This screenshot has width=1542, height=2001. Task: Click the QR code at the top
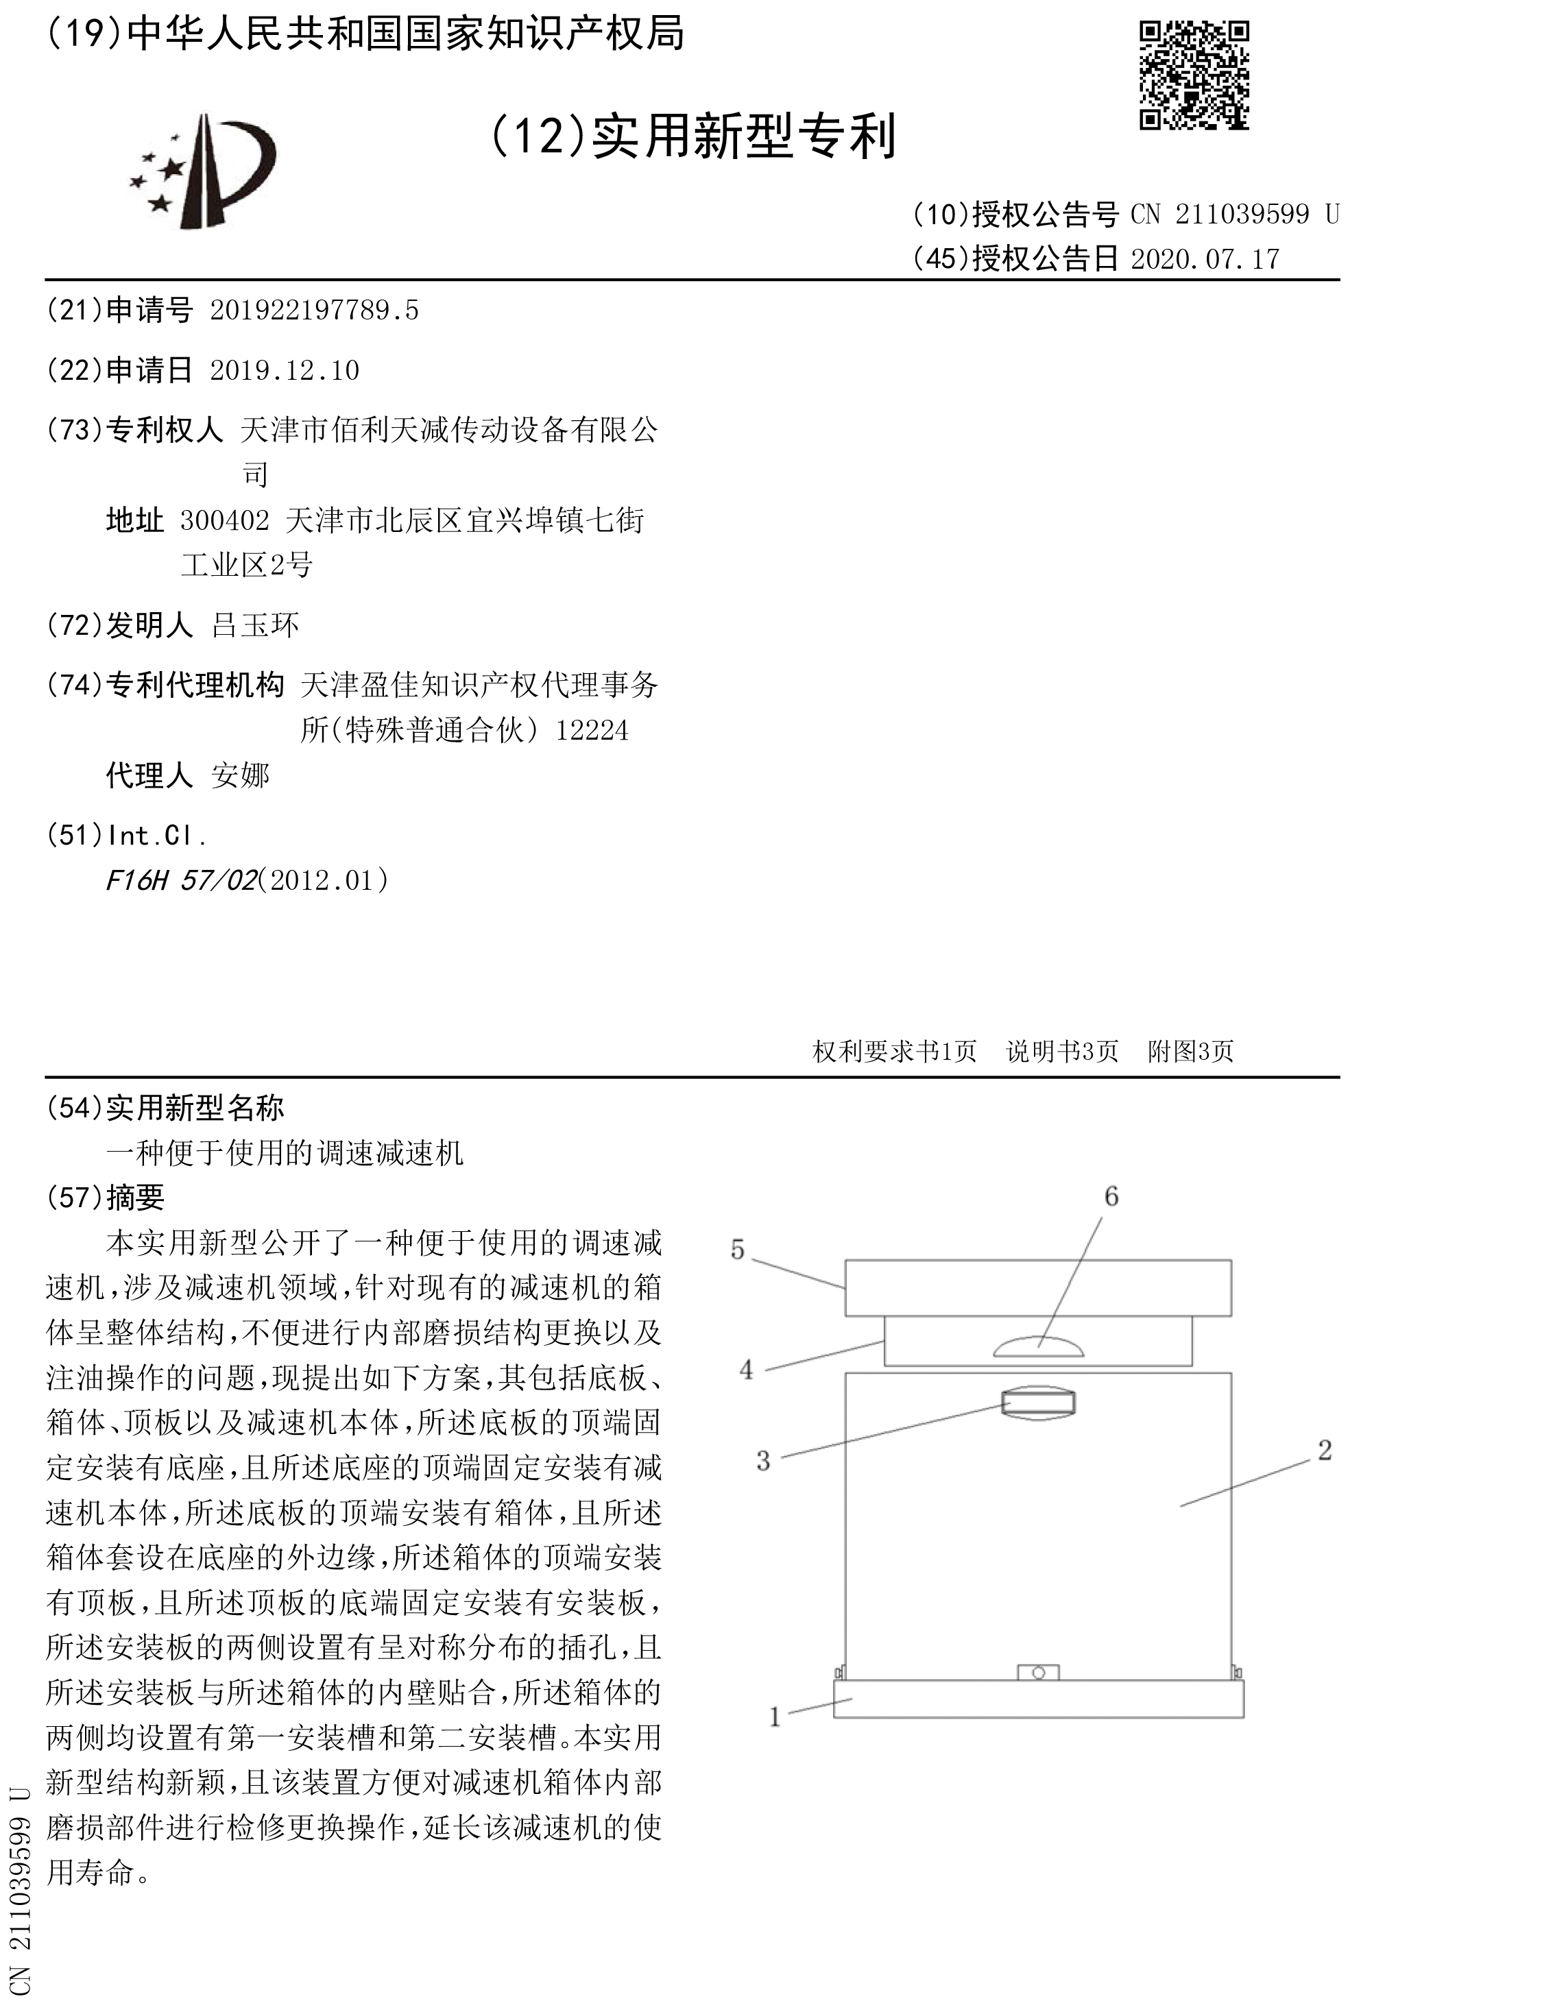(1193, 75)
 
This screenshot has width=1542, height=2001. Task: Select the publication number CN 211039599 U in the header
(1234, 215)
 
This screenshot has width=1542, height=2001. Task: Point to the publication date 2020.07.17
(1205, 259)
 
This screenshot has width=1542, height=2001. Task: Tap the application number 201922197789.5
(314, 311)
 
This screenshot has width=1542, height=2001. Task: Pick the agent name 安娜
(240, 775)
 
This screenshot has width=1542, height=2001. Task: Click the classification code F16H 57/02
(182, 880)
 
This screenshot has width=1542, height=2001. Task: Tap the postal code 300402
(224, 520)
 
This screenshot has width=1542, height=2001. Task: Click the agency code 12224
(592, 730)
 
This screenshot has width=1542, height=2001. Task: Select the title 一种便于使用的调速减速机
(285, 1152)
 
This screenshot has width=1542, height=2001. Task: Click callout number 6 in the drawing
(1111, 1196)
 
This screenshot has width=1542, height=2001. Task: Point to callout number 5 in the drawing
(738, 1250)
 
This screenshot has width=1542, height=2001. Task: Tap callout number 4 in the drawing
(747, 1370)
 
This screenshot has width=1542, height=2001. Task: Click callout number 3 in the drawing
(763, 1460)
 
